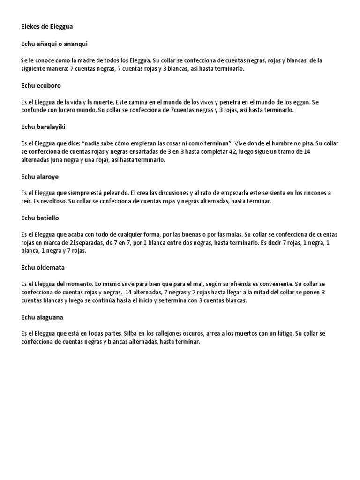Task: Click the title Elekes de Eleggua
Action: point(47,27)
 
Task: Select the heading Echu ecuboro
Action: point(41,86)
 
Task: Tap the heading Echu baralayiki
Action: point(46,127)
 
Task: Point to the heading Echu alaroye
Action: point(40,177)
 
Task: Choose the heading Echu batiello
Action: point(40,218)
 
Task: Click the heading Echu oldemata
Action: point(43,267)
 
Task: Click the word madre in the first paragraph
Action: point(89,60)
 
